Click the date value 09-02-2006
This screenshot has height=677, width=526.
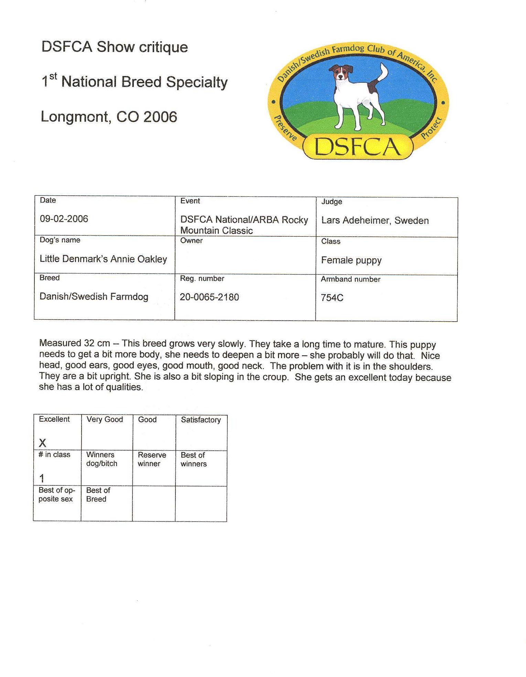tap(64, 219)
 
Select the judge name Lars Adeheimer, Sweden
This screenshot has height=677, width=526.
tap(375, 221)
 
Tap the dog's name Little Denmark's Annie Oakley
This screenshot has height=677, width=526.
tap(103, 259)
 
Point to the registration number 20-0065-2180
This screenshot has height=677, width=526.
tap(209, 297)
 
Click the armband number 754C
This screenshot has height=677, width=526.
tap(332, 298)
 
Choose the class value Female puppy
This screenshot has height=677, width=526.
tap(351, 260)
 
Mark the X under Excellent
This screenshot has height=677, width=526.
tap(43, 443)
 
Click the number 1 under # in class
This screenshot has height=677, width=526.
tap(42, 478)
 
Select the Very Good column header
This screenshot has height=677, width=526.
tap(105, 419)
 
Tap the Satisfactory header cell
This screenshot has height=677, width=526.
tap(201, 420)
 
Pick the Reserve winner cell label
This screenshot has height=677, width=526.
tap(152, 459)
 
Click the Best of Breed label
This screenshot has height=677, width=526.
tap(98, 495)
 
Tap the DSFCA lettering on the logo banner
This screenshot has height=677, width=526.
tap(358, 147)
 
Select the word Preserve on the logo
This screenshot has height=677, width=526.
tap(285, 128)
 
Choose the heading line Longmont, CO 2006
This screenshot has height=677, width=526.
tap(109, 117)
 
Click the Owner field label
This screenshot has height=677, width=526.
tap(191, 240)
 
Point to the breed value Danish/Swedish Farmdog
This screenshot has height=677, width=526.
tap(94, 297)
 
